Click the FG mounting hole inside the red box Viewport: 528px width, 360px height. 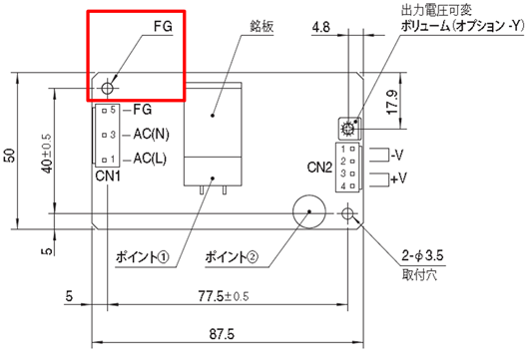[x=108, y=88]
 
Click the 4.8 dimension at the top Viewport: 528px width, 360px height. [x=321, y=27]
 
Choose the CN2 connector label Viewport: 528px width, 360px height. [x=321, y=166]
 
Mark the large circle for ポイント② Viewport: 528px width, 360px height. [x=308, y=212]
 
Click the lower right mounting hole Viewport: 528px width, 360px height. [x=348, y=214]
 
